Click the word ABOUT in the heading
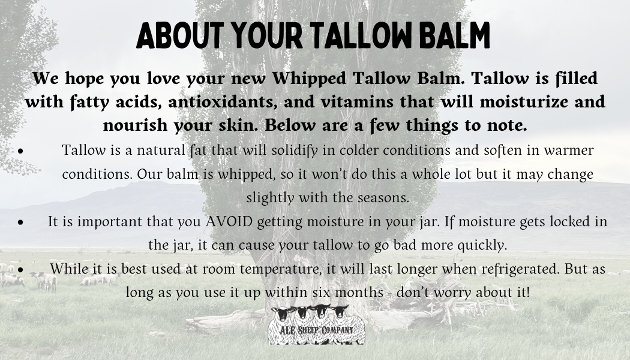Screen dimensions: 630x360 [x=180, y=35]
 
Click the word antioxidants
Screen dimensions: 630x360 [x=223, y=101]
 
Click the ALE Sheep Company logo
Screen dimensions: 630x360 [x=317, y=325]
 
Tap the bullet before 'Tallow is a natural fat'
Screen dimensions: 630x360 [x=21, y=151]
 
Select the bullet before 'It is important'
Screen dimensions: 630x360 [x=21, y=222]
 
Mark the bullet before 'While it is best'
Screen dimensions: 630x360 [x=21, y=269]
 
